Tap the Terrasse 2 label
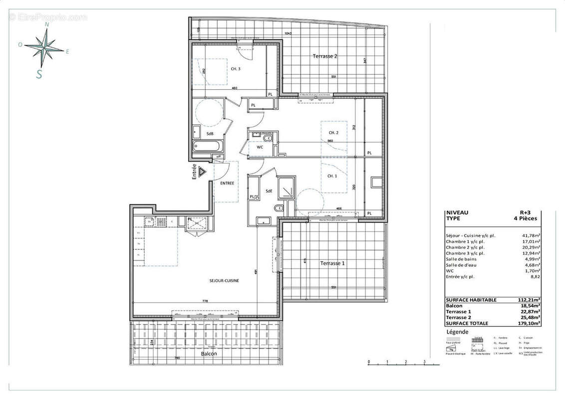pos(325,56)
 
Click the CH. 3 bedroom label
pos(236,69)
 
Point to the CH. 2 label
pos(333,133)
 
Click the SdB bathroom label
pos(210,134)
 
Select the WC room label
pos(260,148)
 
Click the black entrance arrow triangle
pos(202,172)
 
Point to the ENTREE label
pos(227,184)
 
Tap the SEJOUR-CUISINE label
pos(224,281)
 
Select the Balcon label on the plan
pos(209,353)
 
